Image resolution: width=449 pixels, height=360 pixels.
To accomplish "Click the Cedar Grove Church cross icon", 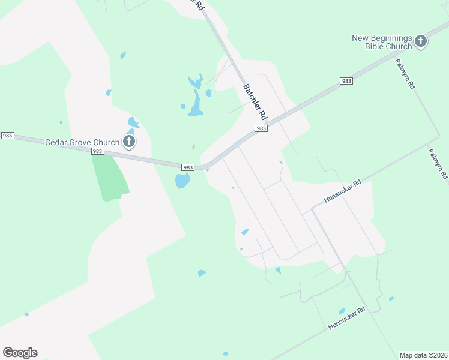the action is (128, 142).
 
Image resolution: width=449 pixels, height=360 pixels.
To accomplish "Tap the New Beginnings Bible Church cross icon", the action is (420, 41).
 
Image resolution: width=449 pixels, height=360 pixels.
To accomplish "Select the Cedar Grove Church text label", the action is (83, 142).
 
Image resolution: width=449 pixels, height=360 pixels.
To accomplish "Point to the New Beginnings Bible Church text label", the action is (382, 42).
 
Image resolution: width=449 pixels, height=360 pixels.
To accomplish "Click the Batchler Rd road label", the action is (255, 100).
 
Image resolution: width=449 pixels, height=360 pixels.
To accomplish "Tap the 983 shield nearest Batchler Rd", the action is (261, 128).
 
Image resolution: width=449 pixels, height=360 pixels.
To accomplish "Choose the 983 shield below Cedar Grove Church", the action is (98, 152).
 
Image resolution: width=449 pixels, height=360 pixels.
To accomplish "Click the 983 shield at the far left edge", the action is (7, 136).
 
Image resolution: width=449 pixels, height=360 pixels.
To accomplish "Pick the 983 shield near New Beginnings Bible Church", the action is (346, 81).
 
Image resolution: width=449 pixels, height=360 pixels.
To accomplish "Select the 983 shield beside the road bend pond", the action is (188, 167).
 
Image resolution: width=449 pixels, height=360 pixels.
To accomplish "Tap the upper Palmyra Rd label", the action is (405, 74).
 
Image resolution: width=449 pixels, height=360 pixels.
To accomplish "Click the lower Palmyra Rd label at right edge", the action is (438, 164).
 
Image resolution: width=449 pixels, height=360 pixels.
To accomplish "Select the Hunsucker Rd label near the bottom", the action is (346, 319).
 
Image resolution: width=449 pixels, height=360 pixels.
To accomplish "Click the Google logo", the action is (20, 352).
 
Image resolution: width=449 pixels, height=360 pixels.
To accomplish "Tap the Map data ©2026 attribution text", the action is (423, 355).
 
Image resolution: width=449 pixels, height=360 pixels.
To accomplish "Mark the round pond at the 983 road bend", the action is (182, 181).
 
